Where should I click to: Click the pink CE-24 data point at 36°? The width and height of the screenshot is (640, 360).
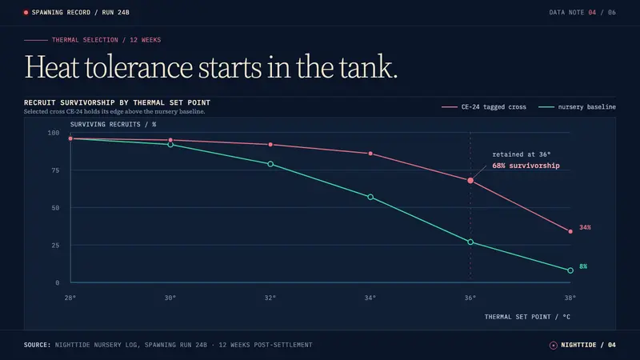point(470,181)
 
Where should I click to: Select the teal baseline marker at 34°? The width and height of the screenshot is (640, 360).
point(370,197)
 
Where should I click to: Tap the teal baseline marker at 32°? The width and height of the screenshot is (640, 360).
point(270,164)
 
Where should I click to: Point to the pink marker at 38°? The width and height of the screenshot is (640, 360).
point(570,231)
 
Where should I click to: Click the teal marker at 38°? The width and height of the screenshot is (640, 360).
point(570,270)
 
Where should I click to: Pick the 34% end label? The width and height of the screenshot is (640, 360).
point(585,227)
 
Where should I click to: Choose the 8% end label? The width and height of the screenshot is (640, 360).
point(583,266)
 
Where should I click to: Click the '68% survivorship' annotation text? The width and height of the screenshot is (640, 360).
point(526,166)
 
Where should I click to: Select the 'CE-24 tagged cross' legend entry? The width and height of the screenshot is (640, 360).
point(484,107)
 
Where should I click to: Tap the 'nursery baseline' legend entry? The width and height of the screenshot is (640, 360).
point(577,107)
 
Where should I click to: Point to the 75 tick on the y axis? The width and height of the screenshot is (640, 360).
point(55,170)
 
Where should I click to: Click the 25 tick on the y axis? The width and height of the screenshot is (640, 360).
point(55,246)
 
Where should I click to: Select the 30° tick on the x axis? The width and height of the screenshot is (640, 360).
point(170,298)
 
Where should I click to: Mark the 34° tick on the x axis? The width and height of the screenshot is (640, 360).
point(370,298)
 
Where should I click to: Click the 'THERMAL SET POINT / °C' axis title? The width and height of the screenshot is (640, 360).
point(527,317)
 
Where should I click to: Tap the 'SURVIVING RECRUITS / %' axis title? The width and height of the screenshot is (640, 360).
point(113,124)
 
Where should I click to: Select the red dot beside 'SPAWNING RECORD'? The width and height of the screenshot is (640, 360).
point(26,13)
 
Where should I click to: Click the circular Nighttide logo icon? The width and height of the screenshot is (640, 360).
point(553,346)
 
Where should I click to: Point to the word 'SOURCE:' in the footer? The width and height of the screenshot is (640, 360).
point(37,345)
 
